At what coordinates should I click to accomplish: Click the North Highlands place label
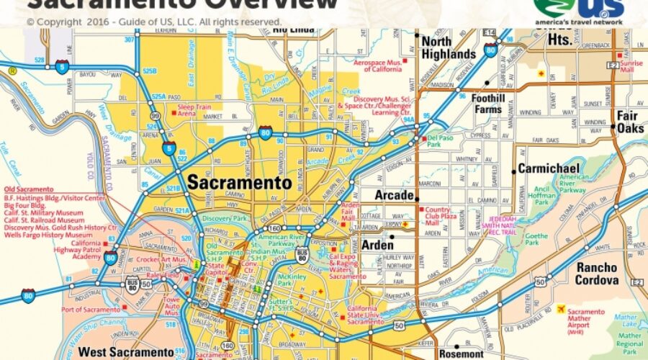[448, 48]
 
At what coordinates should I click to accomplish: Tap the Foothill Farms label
[487, 104]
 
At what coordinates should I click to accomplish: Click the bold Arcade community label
[394, 195]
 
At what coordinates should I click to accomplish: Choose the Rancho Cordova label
[596, 273]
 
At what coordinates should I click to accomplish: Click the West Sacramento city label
[125, 352]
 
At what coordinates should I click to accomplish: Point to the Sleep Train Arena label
[197, 109]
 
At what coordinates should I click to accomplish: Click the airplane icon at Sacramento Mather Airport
[560, 309]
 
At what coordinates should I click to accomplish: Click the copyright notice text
[153, 22]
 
